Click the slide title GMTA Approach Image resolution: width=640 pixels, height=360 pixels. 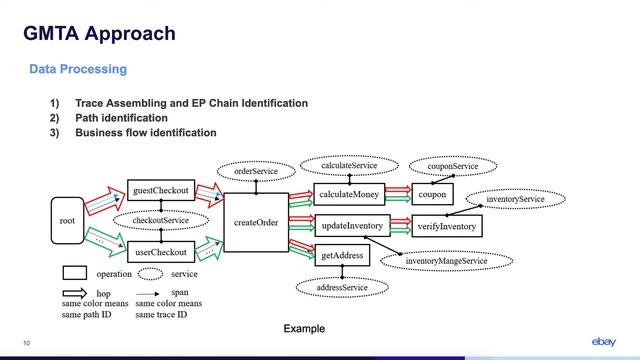(100, 33)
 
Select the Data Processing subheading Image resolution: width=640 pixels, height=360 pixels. (78, 69)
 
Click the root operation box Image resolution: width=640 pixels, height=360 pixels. (67, 221)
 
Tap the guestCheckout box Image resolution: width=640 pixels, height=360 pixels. (160, 190)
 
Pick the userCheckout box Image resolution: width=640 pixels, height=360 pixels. (160, 253)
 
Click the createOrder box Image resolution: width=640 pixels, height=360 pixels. (255, 222)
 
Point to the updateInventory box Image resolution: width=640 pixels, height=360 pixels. (351, 226)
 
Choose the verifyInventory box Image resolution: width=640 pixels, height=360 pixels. (447, 227)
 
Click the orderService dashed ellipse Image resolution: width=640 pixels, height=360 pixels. (256, 172)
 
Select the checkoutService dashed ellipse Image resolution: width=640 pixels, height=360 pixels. (162, 220)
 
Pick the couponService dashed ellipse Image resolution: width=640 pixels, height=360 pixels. (445, 166)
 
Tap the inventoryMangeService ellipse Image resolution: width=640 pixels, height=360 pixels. (446, 261)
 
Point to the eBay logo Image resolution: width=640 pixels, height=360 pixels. (604, 342)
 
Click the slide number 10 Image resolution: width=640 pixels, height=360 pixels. (26, 344)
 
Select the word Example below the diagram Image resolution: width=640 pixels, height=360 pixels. (304, 328)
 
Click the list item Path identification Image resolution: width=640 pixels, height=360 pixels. (114, 118)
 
